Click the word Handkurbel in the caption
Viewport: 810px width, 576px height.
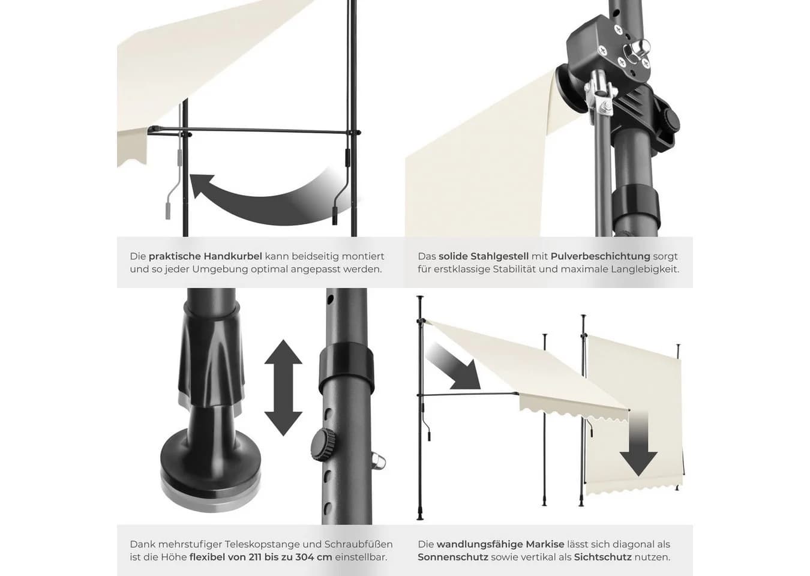(233, 256)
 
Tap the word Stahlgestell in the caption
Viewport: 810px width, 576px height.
(499, 256)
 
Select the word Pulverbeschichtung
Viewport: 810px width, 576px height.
(600, 256)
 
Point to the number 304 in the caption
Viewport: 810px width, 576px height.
(304, 557)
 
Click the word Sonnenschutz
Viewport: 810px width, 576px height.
(453, 557)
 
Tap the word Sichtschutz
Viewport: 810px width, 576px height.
(603, 557)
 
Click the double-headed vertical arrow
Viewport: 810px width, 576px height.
(283, 388)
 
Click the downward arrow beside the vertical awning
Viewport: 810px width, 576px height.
(638, 443)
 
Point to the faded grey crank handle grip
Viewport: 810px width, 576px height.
(168, 211)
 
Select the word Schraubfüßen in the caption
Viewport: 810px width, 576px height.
(358, 544)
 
